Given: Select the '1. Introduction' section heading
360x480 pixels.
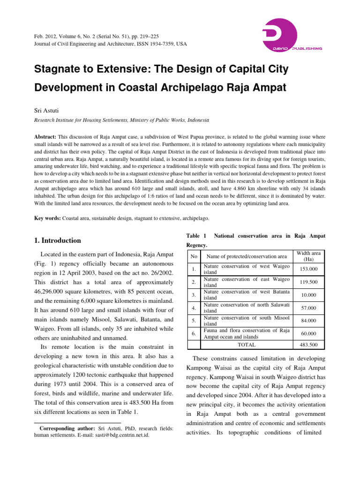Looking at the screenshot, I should click(58, 240).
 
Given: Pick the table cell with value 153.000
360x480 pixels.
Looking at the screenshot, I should click(308, 269).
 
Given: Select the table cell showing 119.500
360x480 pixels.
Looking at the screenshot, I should click(308, 283).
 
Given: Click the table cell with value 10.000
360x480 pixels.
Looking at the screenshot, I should click(308, 295).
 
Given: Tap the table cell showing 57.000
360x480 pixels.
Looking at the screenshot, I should click(308, 308).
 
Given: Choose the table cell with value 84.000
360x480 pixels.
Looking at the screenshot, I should click(308, 321).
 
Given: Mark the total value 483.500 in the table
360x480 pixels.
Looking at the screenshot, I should click(308, 345).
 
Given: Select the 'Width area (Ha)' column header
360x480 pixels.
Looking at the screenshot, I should click(308, 256).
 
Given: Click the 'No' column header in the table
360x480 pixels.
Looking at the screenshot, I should click(194, 256).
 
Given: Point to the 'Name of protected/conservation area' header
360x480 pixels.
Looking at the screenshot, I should click(247, 256).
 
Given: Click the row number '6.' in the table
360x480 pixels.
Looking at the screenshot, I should click(193, 333).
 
